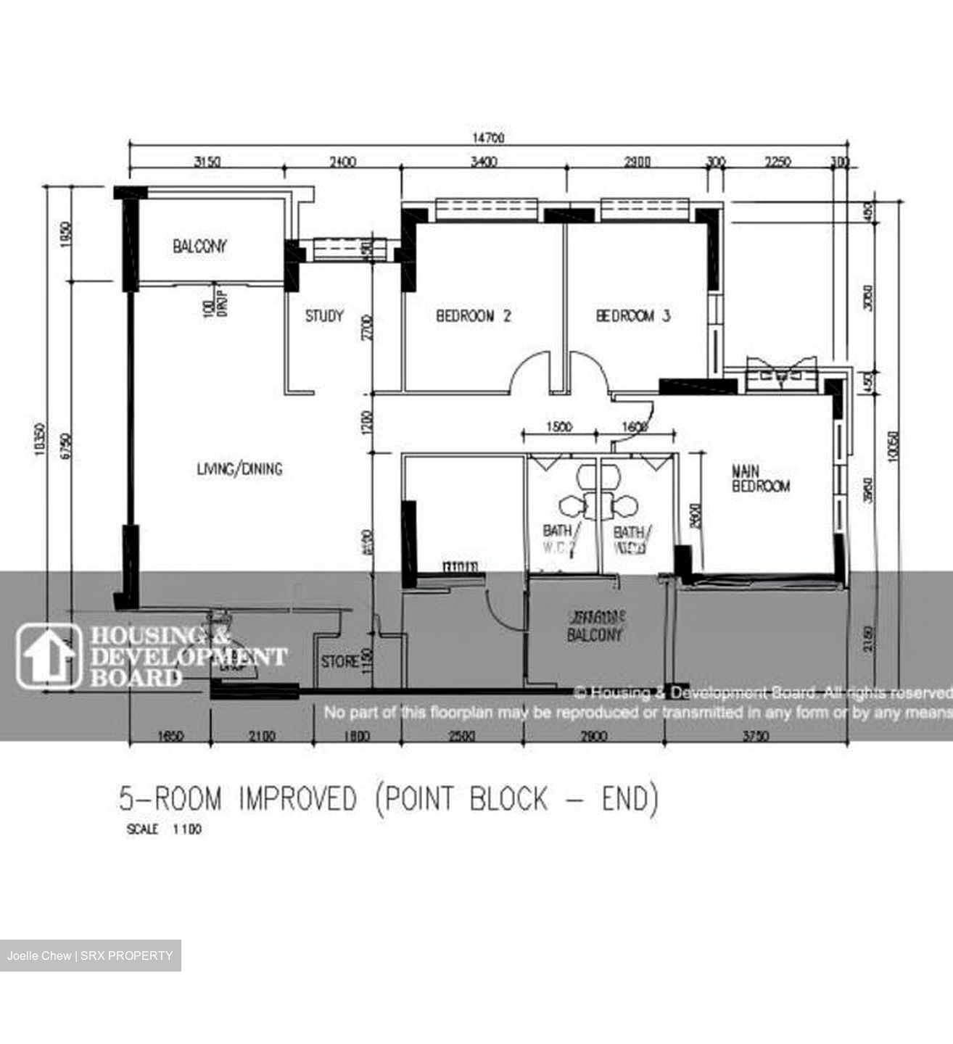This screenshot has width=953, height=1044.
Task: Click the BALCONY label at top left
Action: point(199,246)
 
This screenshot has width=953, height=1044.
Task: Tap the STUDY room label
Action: point(323,316)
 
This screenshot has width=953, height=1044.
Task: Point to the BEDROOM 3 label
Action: point(632,316)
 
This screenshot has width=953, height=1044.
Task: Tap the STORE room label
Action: point(339,661)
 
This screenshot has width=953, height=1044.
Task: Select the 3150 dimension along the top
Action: point(207,162)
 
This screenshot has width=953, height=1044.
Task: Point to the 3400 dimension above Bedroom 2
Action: point(483,162)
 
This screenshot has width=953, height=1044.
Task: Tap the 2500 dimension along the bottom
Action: point(462,737)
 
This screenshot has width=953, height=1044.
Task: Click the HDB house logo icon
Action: point(49,655)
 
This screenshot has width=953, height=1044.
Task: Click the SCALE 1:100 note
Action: point(164,829)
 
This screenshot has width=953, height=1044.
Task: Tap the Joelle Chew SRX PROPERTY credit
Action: point(90,956)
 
